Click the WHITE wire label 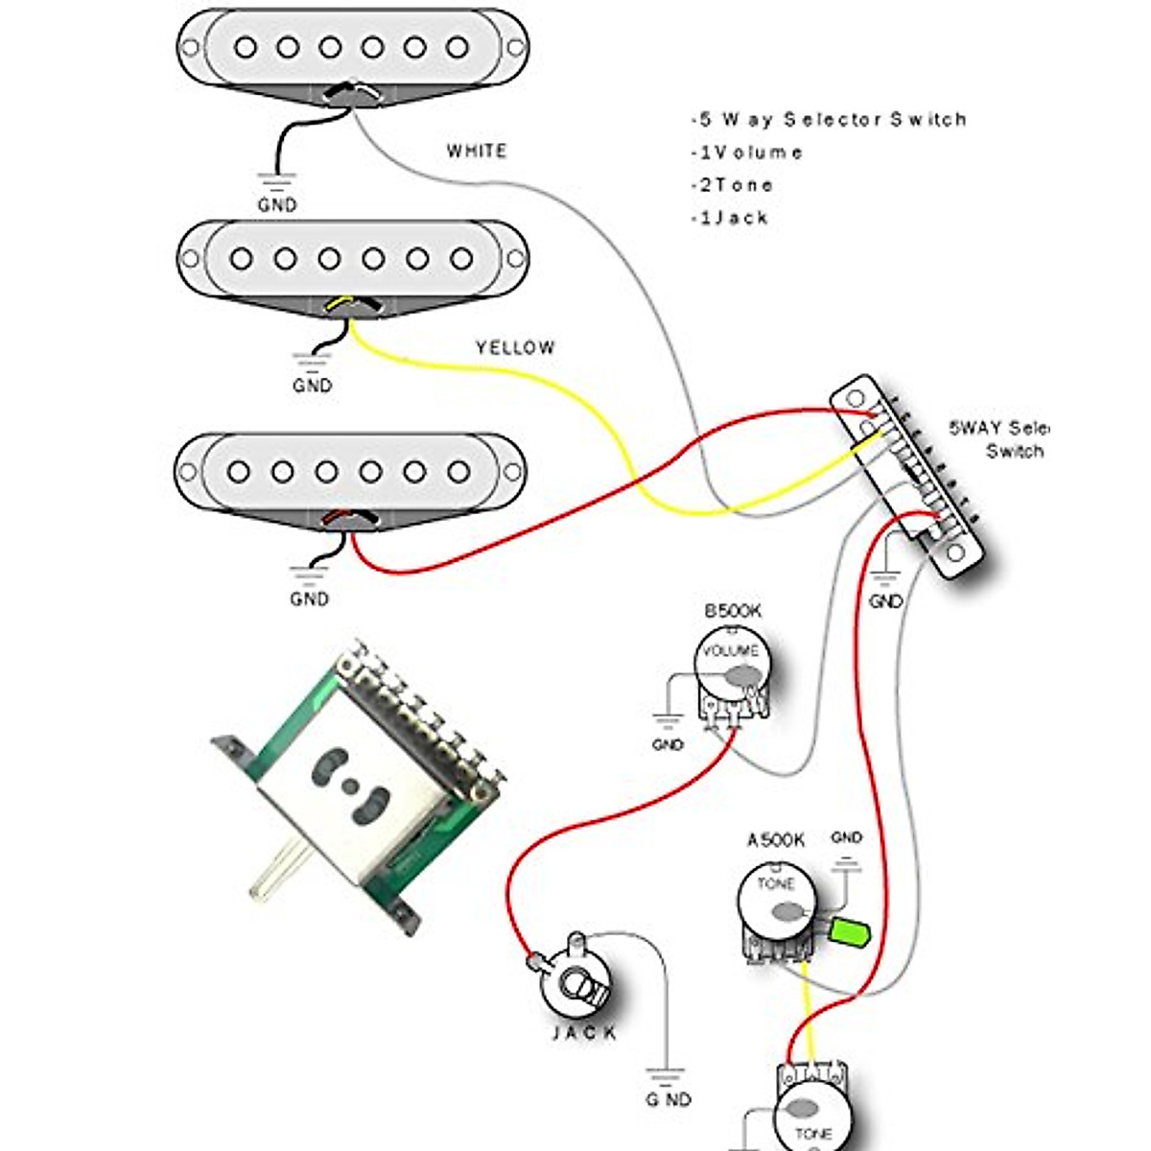click(477, 152)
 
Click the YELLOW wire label click(515, 348)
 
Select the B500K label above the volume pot click(733, 611)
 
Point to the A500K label click(776, 840)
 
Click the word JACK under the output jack click(585, 1033)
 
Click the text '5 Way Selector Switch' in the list click(829, 120)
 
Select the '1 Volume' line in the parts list click(747, 153)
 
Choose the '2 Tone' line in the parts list click(732, 185)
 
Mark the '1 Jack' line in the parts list click(730, 218)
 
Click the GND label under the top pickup click(277, 205)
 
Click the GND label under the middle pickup click(313, 386)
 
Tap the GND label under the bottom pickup click(309, 599)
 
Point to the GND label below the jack click(668, 1099)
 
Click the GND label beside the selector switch click(885, 601)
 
